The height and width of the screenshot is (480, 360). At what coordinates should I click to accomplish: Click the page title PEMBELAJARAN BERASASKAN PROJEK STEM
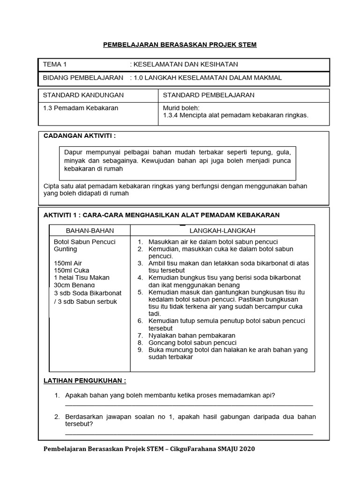pos(180,45)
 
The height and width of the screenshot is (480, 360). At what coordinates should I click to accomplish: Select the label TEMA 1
pos(55,65)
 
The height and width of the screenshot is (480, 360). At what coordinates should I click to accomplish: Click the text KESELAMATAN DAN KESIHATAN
pos(186,65)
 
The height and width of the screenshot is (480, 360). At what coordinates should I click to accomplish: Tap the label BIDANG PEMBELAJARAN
pos(83,78)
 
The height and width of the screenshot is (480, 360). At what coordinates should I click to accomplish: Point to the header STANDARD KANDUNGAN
pos(83,95)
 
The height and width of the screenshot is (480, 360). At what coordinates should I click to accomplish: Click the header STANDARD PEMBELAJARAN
pos(209,95)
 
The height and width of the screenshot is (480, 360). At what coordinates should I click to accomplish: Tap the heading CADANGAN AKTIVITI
pos(79,136)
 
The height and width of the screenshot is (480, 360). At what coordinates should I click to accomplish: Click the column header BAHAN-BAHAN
pos(90,231)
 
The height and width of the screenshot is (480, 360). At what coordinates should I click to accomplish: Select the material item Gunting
pos(66,249)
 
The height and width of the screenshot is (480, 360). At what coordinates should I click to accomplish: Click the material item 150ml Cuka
pos(72,270)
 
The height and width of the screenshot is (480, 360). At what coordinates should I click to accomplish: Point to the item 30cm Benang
pos(75,285)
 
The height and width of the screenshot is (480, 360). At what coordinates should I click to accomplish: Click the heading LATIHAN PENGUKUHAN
pos(85,380)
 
